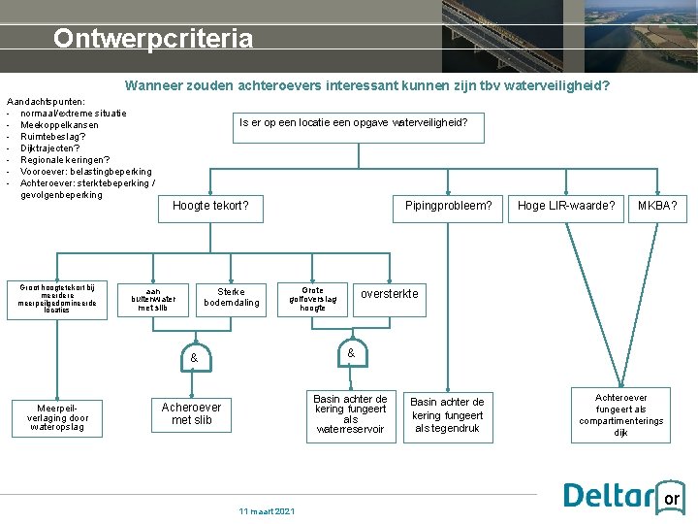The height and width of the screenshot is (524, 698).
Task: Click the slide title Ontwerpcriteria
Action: coord(153,39)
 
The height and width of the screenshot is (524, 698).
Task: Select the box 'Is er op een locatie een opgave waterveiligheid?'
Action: coord(353,123)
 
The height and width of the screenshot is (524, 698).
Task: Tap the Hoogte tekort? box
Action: coord(210,206)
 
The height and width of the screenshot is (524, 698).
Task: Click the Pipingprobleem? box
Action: coord(448,206)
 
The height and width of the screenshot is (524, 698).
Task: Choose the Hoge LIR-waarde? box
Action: coord(566,206)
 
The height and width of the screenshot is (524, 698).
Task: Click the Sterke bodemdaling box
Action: coord(232,298)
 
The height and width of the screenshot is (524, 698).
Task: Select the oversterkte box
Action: coord(390,294)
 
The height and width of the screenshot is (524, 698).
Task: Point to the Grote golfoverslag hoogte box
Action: coord(312,299)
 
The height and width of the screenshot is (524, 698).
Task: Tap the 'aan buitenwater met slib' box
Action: coord(153,299)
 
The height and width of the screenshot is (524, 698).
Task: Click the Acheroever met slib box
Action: coord(191,413)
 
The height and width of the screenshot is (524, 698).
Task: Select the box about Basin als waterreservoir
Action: coord(350,414)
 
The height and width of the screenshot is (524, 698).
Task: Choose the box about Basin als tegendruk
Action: coord(447,414)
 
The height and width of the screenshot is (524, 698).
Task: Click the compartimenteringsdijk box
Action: coord(620,414)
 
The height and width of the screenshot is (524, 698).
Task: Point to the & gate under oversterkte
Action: coord(351,354)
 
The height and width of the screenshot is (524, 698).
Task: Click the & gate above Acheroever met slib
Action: coord(194,358)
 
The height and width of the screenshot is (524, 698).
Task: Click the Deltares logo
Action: coord(623,495)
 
